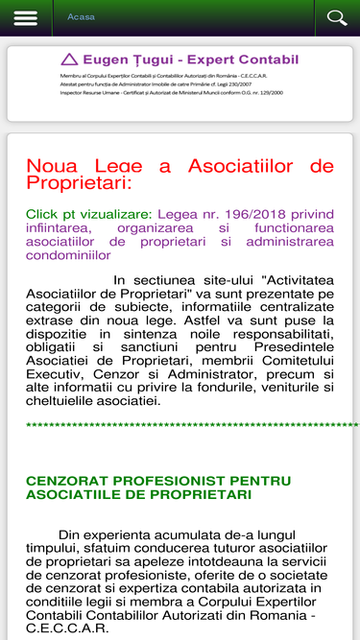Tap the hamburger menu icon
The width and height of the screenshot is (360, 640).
[26, 18]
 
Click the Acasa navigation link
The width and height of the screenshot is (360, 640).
[81, 17]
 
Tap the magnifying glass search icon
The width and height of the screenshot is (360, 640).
[336, 18]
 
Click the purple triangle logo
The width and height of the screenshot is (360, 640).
[68, 59]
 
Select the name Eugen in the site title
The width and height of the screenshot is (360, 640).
[104, 59]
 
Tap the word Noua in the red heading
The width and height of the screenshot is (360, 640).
[52, 166]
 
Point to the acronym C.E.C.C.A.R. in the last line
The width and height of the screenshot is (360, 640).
[67, 629]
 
